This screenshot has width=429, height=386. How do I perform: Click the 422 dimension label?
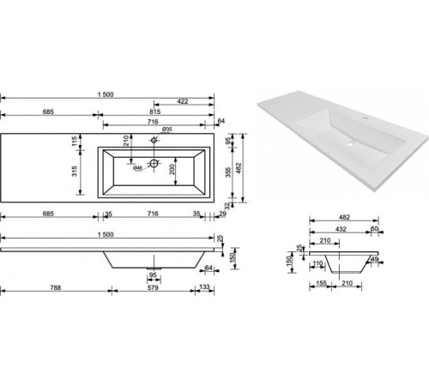point(184,102)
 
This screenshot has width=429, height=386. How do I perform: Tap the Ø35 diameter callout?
point(168,129)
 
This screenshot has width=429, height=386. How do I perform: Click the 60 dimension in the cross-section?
point(376,230)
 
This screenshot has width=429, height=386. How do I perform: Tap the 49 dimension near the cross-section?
point(374,259)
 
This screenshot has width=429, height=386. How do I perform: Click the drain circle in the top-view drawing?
point(154,161)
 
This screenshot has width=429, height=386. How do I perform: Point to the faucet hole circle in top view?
point(154,140)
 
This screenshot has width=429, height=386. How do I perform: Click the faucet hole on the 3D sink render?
point(366,118)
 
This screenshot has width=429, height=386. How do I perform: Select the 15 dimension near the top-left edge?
point(76,139)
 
